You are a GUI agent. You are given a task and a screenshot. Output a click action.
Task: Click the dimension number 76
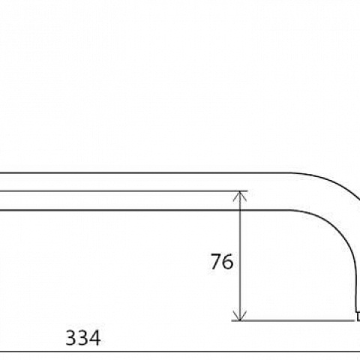(x=222, y=262)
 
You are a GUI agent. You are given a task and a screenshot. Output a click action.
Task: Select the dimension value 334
(x=83, y=338)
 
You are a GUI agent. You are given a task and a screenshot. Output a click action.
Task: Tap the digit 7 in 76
(x=216, y=262)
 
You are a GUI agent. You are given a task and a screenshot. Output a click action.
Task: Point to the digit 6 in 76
(x=228, y=262)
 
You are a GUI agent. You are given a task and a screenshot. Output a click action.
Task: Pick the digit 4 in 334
(x=95, y=338)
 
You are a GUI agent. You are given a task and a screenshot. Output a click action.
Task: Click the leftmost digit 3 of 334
(x=70, y=338)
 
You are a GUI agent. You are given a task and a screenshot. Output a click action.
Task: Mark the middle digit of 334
(x=83, y=338)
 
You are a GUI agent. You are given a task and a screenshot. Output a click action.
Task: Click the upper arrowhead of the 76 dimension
(x=240, y=196)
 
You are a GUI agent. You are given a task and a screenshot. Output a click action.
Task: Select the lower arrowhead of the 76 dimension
(x=240, y=316)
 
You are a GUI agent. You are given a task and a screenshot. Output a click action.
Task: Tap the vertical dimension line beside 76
(x=240, y=256)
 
